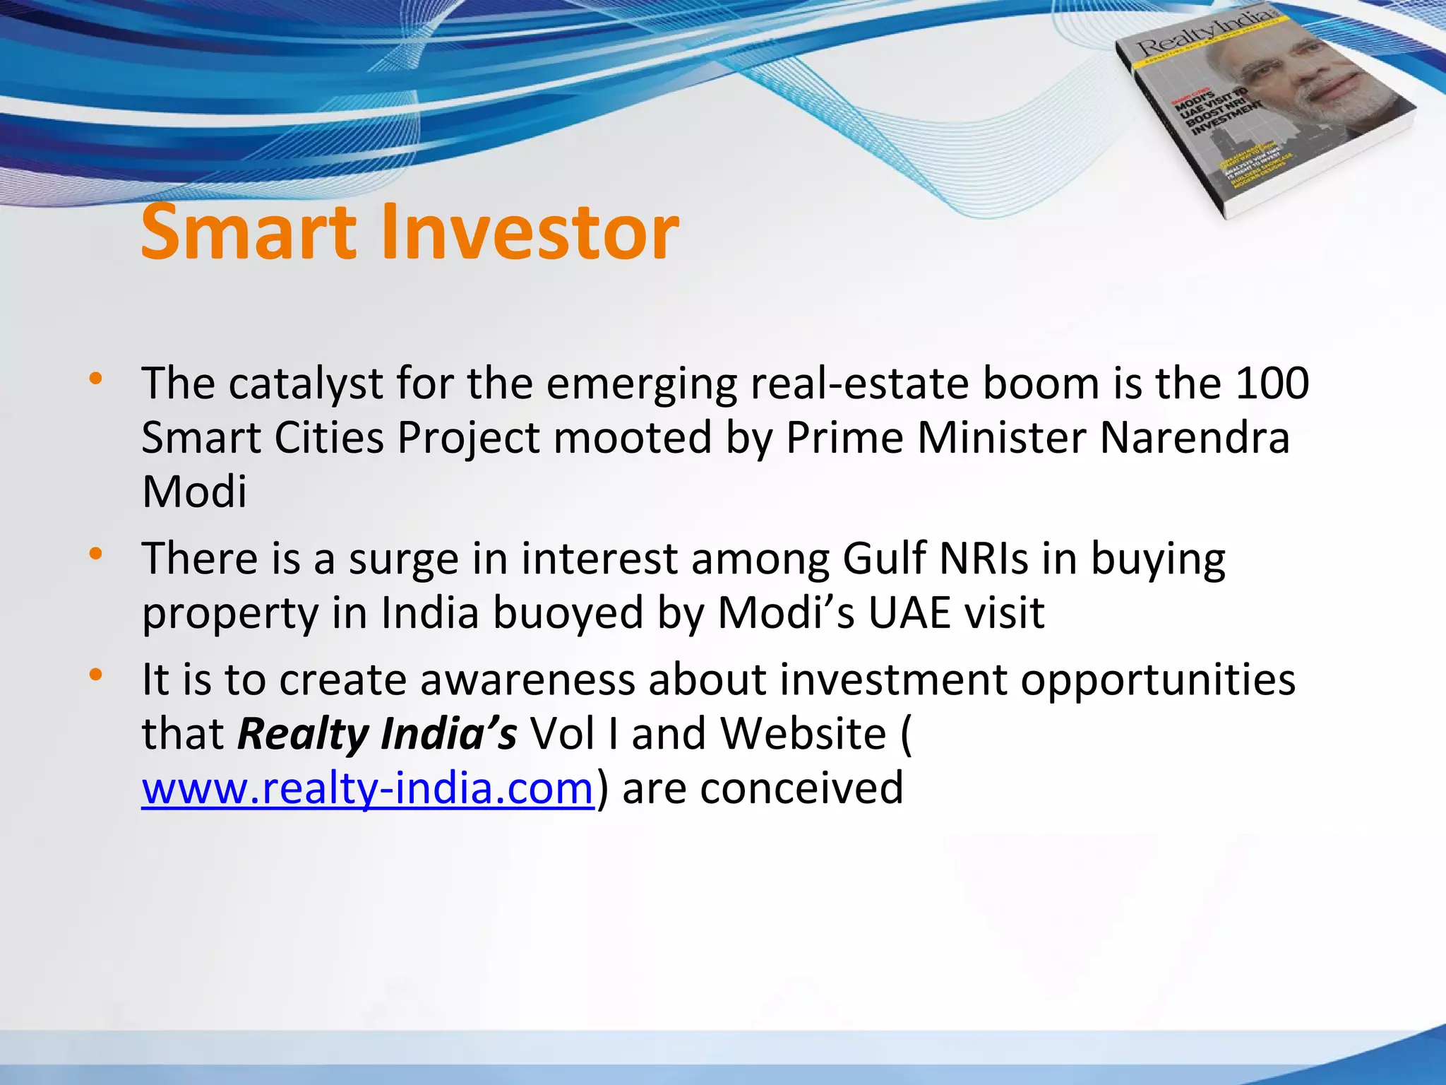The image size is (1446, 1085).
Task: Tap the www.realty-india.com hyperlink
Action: tap(367, 788)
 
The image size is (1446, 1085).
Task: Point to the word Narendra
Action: tap(1194, 438)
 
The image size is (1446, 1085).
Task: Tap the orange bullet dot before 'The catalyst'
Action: tap(95, 379)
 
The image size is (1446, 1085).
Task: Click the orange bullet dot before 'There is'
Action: tap(95, 554)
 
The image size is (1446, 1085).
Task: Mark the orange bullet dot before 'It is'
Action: tap(95, 675)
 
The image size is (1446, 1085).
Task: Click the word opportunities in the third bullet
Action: tap(1157, 681)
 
